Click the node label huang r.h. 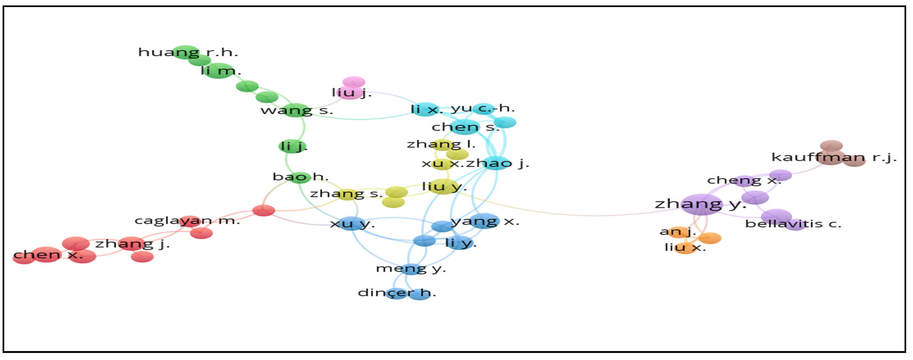[x=188, y=52]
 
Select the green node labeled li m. [x=218, y=71]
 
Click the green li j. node [x=292, y=146]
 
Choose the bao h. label [x=300, y=176]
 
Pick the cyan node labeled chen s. [x=464, y=127]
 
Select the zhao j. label [x=497, y=163]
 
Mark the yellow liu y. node [x=443, y=186]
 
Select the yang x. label [x=485, y=221]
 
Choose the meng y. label [x=410, y=268]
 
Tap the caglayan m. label [x=187, y=221]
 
